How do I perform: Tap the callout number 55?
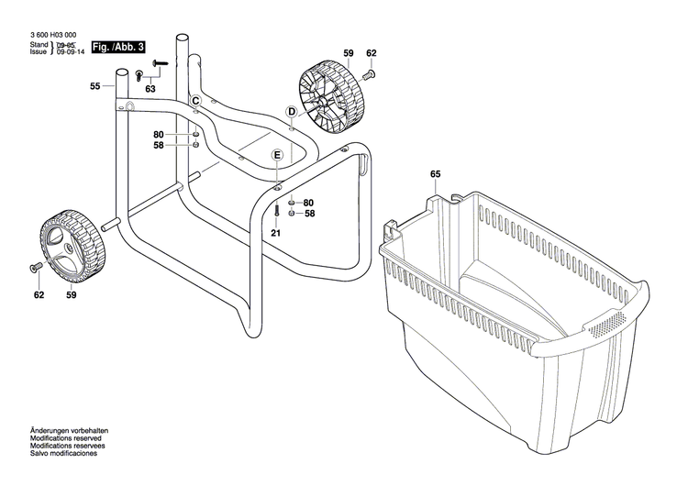[94, 86]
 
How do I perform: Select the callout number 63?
[150, 89]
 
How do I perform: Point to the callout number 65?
[435, 173]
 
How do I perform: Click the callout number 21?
[275, 233]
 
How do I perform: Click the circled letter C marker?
[195, 100]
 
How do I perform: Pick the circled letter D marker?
[291, 112]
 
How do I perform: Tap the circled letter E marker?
[276, 157]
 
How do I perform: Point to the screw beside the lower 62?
[36, 267]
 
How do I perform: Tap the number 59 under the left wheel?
[71, 295]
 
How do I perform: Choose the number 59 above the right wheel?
[349, 54]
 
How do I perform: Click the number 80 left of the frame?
[159, 134]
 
